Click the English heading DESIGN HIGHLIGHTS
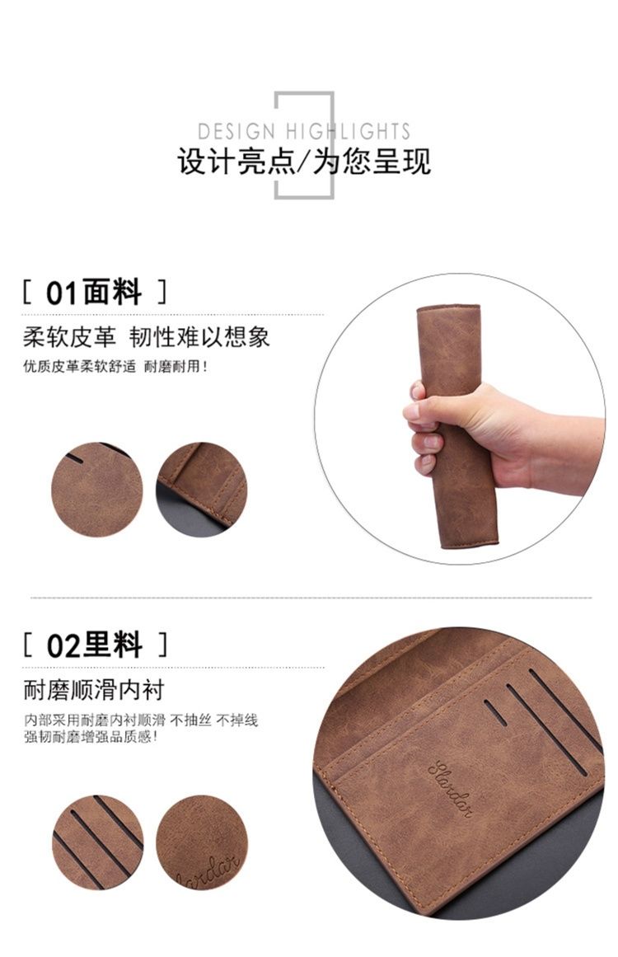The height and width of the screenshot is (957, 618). click(x=304, y=131)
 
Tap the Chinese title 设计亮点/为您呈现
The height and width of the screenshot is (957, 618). click(x=304, y=162)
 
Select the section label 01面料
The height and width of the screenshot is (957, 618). click(x=94, y=293)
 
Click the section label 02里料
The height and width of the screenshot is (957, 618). click(x=95, y=645)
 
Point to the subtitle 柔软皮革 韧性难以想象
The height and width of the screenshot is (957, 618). click(x=147, y=337)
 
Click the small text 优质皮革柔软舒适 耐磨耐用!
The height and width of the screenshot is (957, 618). click(x=116, y=367)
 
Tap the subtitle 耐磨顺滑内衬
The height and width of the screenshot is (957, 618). click(x=94, y=690)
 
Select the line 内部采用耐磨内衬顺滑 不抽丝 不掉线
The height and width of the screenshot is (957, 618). click(x=141, y=720)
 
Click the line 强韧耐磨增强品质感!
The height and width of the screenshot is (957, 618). click(x=91, y=737)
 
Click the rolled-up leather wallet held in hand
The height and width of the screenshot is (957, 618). click(x=457, y=427)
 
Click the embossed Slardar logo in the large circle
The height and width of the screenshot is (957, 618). click(x=451, y=787)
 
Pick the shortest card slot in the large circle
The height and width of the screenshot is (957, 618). click(x=495, y=712)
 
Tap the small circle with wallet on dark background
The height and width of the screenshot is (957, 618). click(x=202, y=490)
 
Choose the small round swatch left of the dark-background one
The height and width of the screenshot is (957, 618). click(x=97, y=490)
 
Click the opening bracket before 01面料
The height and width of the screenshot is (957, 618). click(x=27, y=293)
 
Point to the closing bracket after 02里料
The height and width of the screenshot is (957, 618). click(x=162, y=645)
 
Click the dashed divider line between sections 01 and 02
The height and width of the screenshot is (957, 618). click(x=311, y=598)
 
